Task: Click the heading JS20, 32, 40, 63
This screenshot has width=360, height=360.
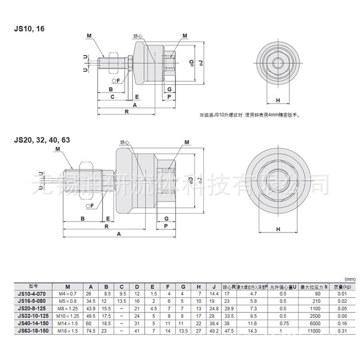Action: pos(41,139)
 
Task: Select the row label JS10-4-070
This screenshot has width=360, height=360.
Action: pos(32,293)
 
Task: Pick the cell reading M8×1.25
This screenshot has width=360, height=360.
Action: pos(67,309)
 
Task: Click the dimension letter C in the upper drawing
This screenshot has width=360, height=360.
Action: pos(112,97)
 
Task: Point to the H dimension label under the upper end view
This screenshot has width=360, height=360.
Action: pos(278,100)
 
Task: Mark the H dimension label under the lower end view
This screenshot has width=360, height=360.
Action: pos(278,229)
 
